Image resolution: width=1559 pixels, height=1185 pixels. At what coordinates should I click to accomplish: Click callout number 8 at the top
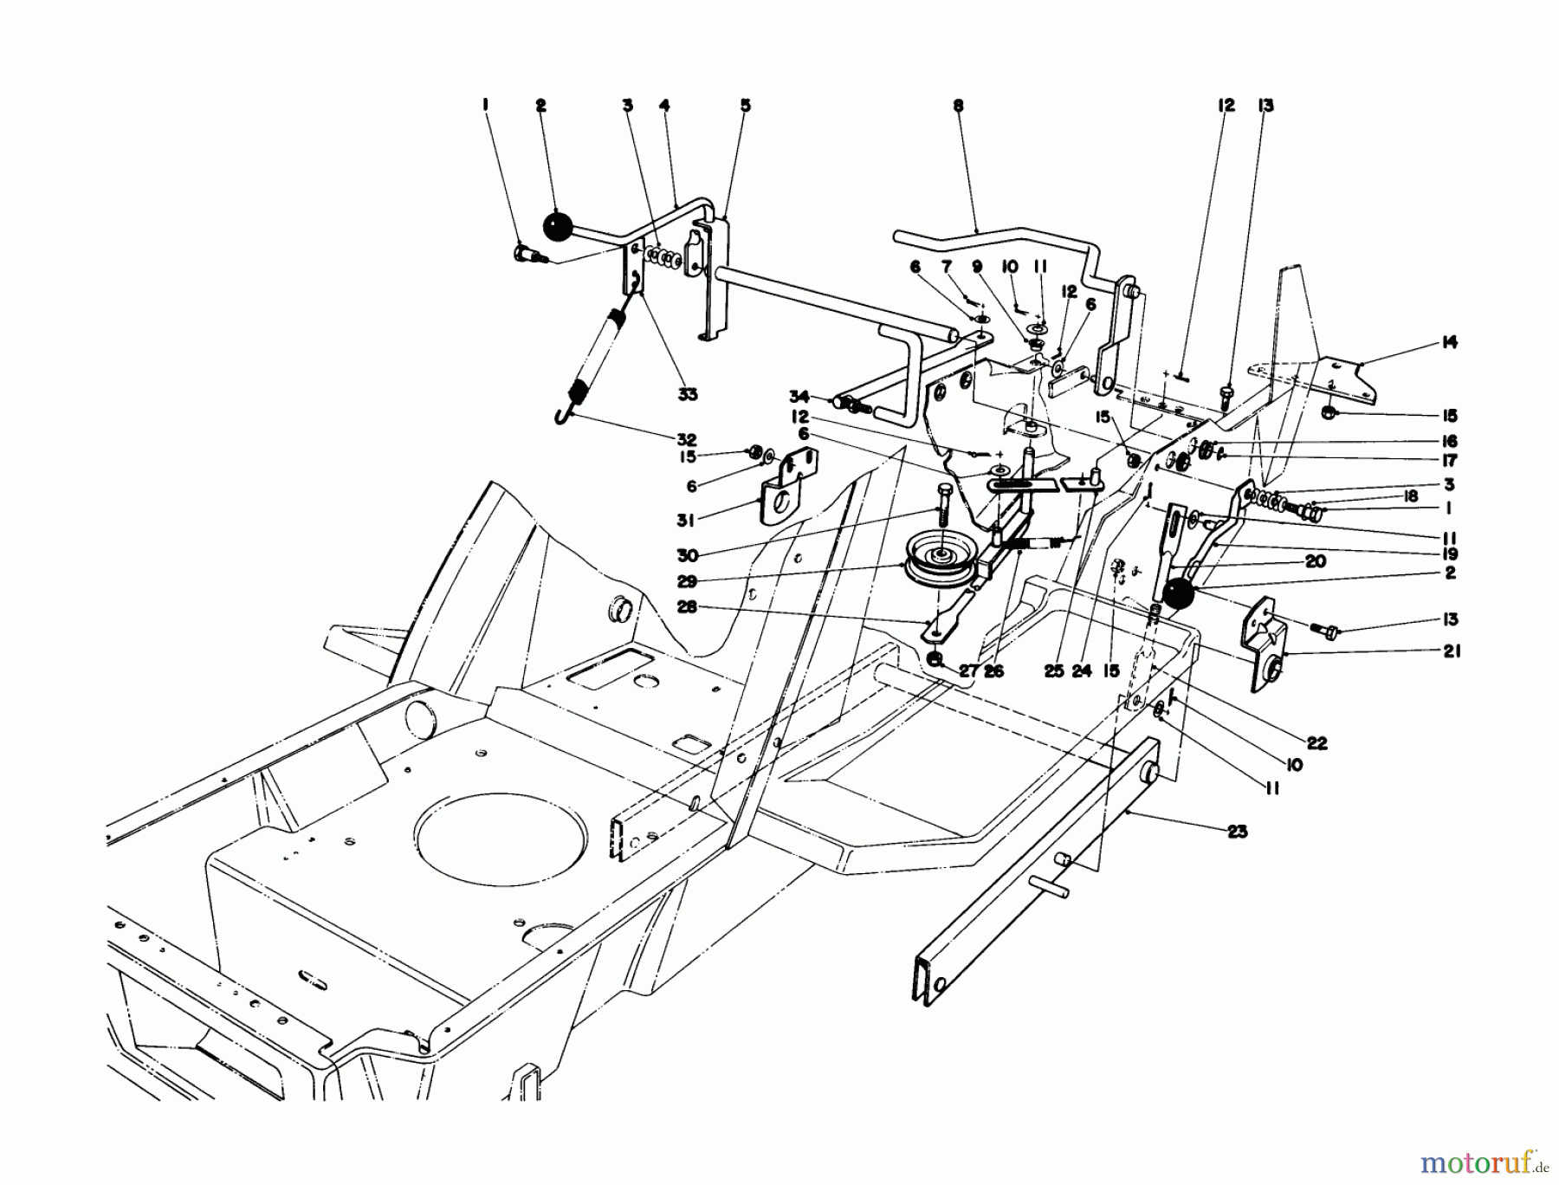957,106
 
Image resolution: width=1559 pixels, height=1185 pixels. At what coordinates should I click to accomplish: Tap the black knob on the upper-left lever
559,229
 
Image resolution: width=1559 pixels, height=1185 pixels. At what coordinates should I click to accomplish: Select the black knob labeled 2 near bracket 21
1178,596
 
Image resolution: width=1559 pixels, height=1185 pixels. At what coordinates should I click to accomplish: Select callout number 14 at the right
1450,343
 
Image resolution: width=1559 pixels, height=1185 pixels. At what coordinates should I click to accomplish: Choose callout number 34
799,397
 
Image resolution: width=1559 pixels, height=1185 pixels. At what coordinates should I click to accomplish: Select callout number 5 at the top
745,106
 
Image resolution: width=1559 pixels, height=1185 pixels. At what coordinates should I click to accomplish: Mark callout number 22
1318,743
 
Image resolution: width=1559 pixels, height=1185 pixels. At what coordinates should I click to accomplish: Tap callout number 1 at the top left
485,106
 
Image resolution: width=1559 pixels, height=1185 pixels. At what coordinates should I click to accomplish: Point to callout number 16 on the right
1449,441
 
